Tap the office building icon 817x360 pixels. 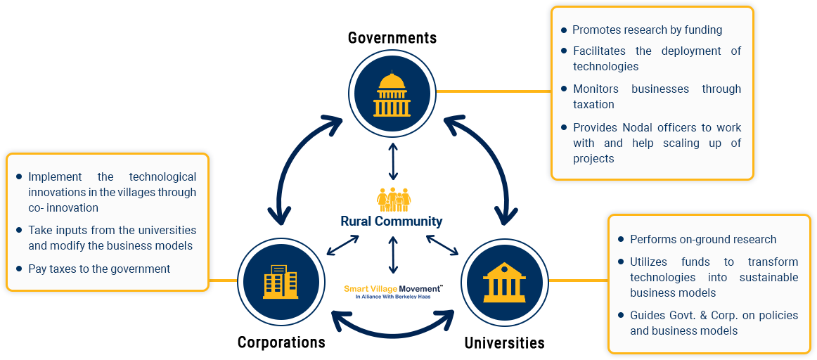pos(279,282)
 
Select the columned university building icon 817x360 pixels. pos(504,281)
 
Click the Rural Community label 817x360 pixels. pos(392,221)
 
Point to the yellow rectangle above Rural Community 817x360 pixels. pos(394,199)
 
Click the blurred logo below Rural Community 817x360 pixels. pos(392,291)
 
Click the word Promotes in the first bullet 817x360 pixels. pos(596,30)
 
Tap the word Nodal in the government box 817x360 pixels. pos(638,127)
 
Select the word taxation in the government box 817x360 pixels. pos(593,104)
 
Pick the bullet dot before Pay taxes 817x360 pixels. pos(18,269)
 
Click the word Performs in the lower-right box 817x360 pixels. pos(652,239)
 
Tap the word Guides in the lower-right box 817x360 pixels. pos(647,315)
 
